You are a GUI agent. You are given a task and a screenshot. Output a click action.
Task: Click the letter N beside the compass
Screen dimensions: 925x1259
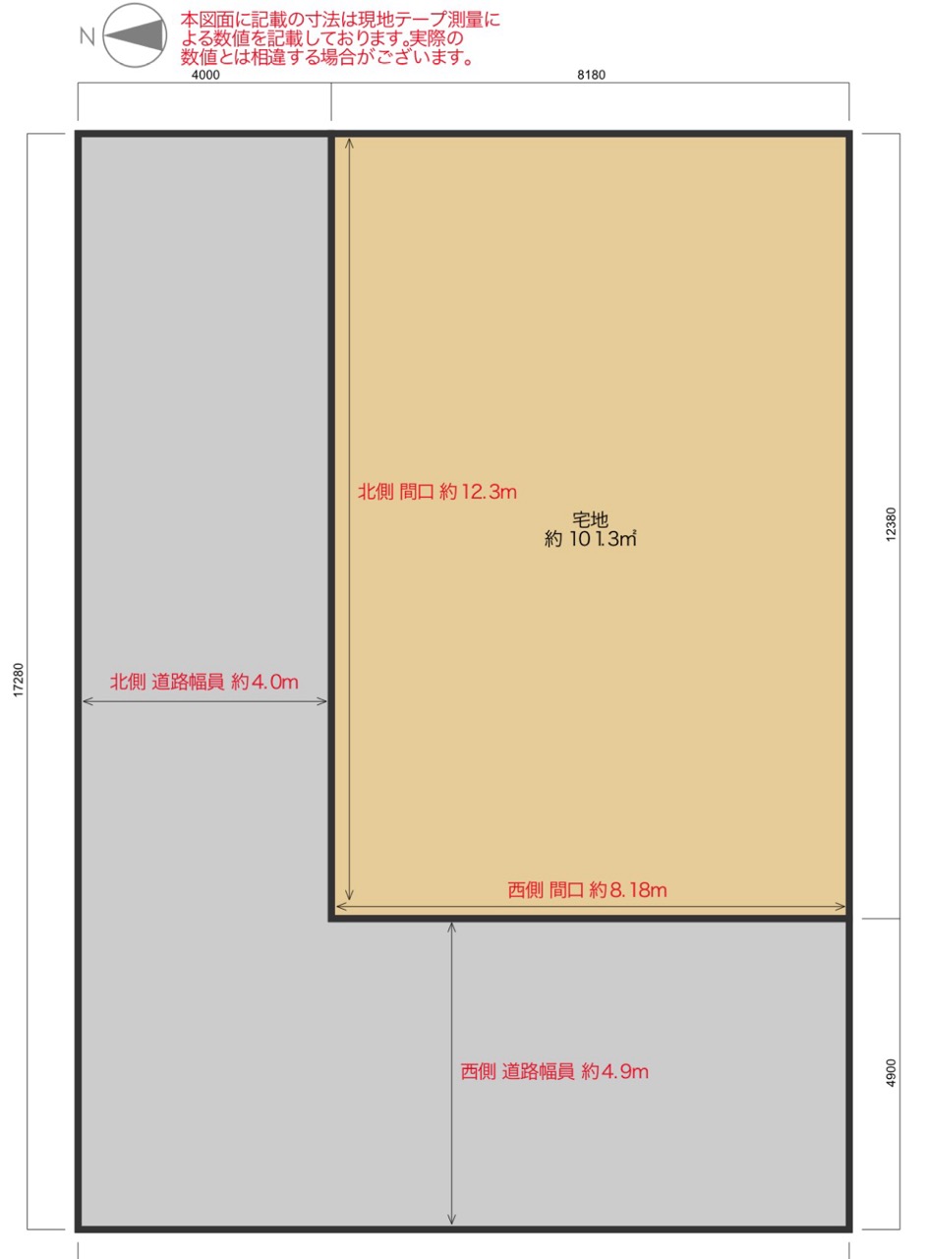[x=87, y=36]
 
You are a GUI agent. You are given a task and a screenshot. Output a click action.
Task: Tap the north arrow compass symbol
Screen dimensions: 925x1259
[x=135, y=35]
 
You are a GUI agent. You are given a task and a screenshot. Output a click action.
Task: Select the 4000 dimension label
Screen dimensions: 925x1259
[x=205, y=75]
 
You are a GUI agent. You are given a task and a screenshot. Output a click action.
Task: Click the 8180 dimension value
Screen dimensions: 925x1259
[x=591, y=75]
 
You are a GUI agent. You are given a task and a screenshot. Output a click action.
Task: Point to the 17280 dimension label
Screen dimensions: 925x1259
[x=19, y=680]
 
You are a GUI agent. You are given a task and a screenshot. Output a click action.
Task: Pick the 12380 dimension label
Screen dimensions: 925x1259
[x=891, y=524]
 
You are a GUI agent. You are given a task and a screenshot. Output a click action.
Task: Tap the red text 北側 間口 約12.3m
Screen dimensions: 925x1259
[x=437, y=492]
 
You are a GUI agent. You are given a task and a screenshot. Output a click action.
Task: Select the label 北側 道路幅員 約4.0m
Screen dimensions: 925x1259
[x=203, y=682]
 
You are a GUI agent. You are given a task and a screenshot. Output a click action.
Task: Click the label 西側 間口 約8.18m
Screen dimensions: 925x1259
[x=587, y=890]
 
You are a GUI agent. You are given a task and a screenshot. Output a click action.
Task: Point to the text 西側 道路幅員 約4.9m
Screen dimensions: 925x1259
[x=554, y=1071]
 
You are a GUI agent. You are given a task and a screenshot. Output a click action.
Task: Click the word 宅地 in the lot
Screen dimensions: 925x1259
[x=590, y=520]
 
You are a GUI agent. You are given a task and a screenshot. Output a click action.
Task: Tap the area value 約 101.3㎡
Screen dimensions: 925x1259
[x=590, y=539]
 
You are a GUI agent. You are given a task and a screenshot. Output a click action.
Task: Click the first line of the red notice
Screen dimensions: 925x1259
[x=340, y=21]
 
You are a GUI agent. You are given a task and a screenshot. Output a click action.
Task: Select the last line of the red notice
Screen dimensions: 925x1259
[x=327, y=57]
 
